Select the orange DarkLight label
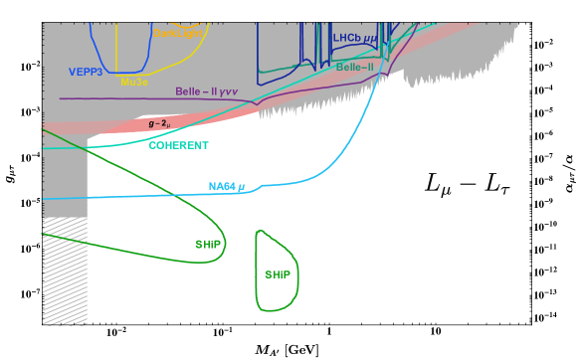(178, 33)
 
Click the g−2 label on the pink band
(158, 123)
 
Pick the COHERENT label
(178, 145)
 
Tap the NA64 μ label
(226, 186)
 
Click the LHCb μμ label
(355, 38)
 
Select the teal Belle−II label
(355, 67)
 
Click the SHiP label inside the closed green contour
(278, 273)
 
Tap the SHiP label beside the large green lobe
(208, 244)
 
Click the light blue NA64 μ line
(149, 195)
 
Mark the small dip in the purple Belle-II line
(257, 103)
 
